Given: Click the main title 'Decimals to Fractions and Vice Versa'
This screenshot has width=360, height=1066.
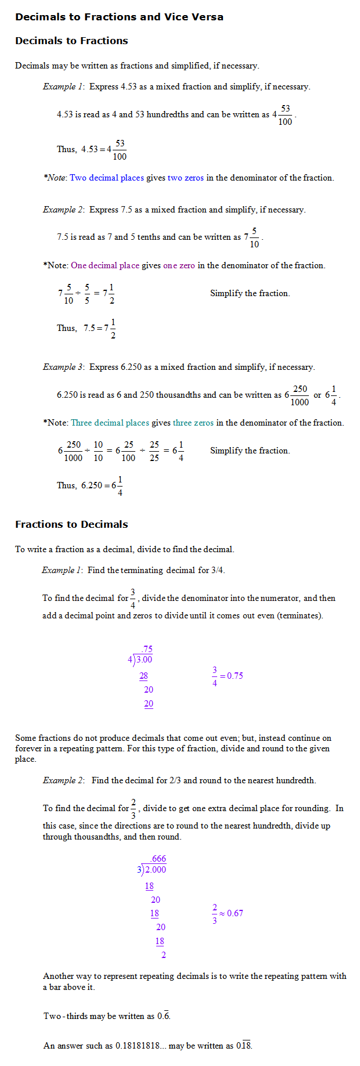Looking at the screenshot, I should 119,17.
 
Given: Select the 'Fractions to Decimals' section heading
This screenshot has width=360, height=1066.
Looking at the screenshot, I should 71,524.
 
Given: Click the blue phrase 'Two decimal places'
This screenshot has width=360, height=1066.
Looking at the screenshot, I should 107,178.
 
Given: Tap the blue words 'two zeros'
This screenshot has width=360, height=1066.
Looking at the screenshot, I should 186,178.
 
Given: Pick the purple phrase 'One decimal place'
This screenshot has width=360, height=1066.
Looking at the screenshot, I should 105,265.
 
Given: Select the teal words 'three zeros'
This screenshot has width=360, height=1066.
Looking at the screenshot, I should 193,423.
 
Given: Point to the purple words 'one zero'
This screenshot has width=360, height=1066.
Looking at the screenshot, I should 179,265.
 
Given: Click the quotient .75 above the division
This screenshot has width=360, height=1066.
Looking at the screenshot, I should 146,649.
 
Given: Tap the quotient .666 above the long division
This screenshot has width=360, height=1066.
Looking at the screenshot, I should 158,859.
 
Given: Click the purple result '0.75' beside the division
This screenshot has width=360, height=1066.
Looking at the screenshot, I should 235,676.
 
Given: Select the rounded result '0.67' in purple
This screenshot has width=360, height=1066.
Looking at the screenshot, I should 235,913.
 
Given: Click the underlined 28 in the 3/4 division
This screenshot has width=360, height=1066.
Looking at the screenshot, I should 143,676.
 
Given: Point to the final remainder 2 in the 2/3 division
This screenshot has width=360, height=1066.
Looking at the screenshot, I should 163,955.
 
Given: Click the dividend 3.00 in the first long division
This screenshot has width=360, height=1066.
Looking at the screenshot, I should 144,660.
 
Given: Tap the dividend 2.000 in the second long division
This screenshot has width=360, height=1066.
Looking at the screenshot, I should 155,869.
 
